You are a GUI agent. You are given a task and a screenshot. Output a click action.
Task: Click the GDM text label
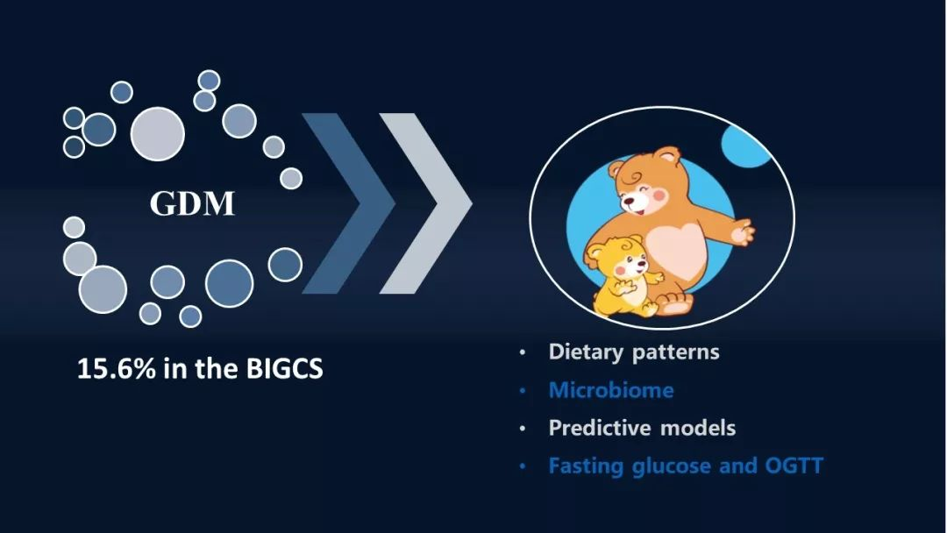192,204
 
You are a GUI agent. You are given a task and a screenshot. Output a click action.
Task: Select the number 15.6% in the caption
116,368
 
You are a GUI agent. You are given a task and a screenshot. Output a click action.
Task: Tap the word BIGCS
284,368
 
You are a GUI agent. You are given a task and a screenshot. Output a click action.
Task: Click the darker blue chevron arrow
348,203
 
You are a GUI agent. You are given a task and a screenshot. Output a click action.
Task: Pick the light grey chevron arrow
426,203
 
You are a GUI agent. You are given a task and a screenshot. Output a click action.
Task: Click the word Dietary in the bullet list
587,352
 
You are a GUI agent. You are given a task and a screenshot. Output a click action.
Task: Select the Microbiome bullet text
611,390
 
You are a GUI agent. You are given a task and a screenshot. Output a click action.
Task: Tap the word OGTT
794,465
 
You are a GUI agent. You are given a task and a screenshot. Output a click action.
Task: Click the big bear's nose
629,199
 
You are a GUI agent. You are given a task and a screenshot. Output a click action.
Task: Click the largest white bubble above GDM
158,134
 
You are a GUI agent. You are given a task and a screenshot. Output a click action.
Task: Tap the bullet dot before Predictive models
523,430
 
